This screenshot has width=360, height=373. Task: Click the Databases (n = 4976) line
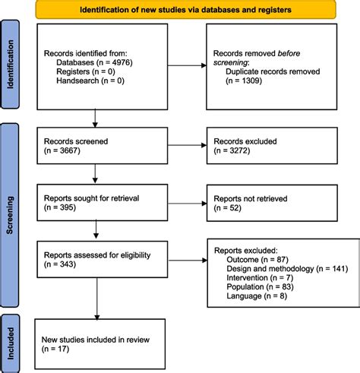point(92,63)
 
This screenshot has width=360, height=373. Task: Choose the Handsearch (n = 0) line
point(90,83)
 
